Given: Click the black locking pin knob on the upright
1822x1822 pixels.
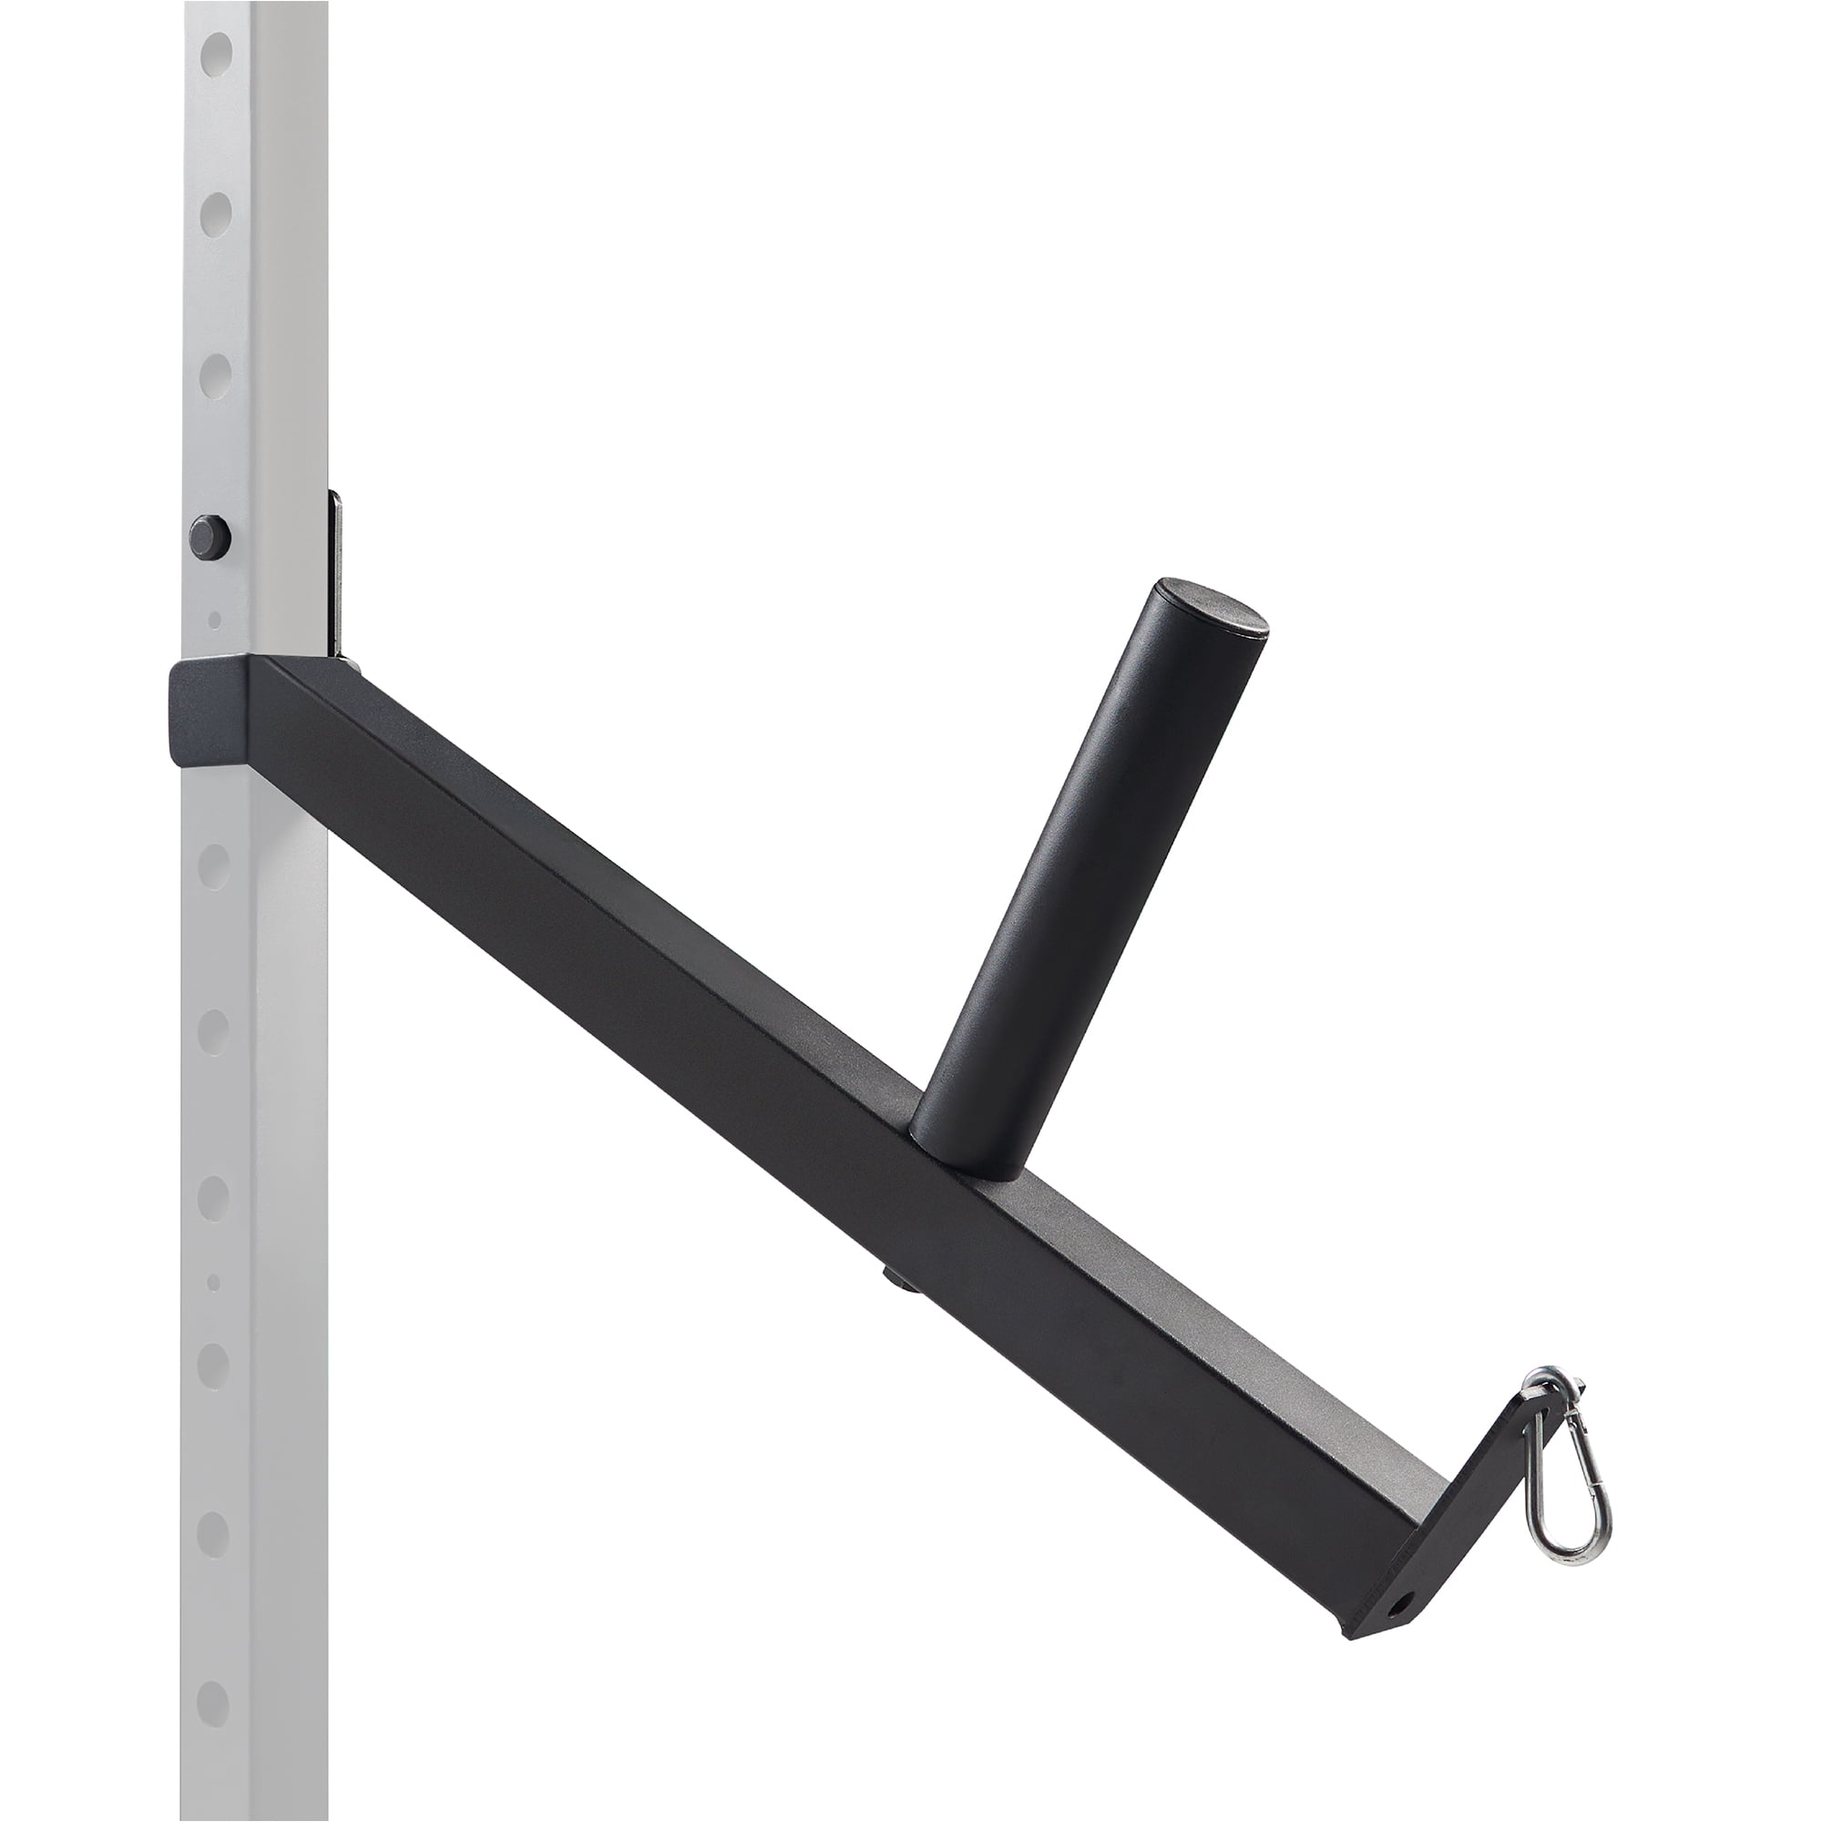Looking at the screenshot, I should click(x=210, y=537).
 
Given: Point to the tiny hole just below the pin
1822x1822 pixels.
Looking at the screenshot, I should click(x=215, y=619).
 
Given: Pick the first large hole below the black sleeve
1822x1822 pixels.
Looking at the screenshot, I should click(x=215, y=864).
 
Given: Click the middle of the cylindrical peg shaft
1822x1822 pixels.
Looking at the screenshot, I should click(x=1084, y=867).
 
